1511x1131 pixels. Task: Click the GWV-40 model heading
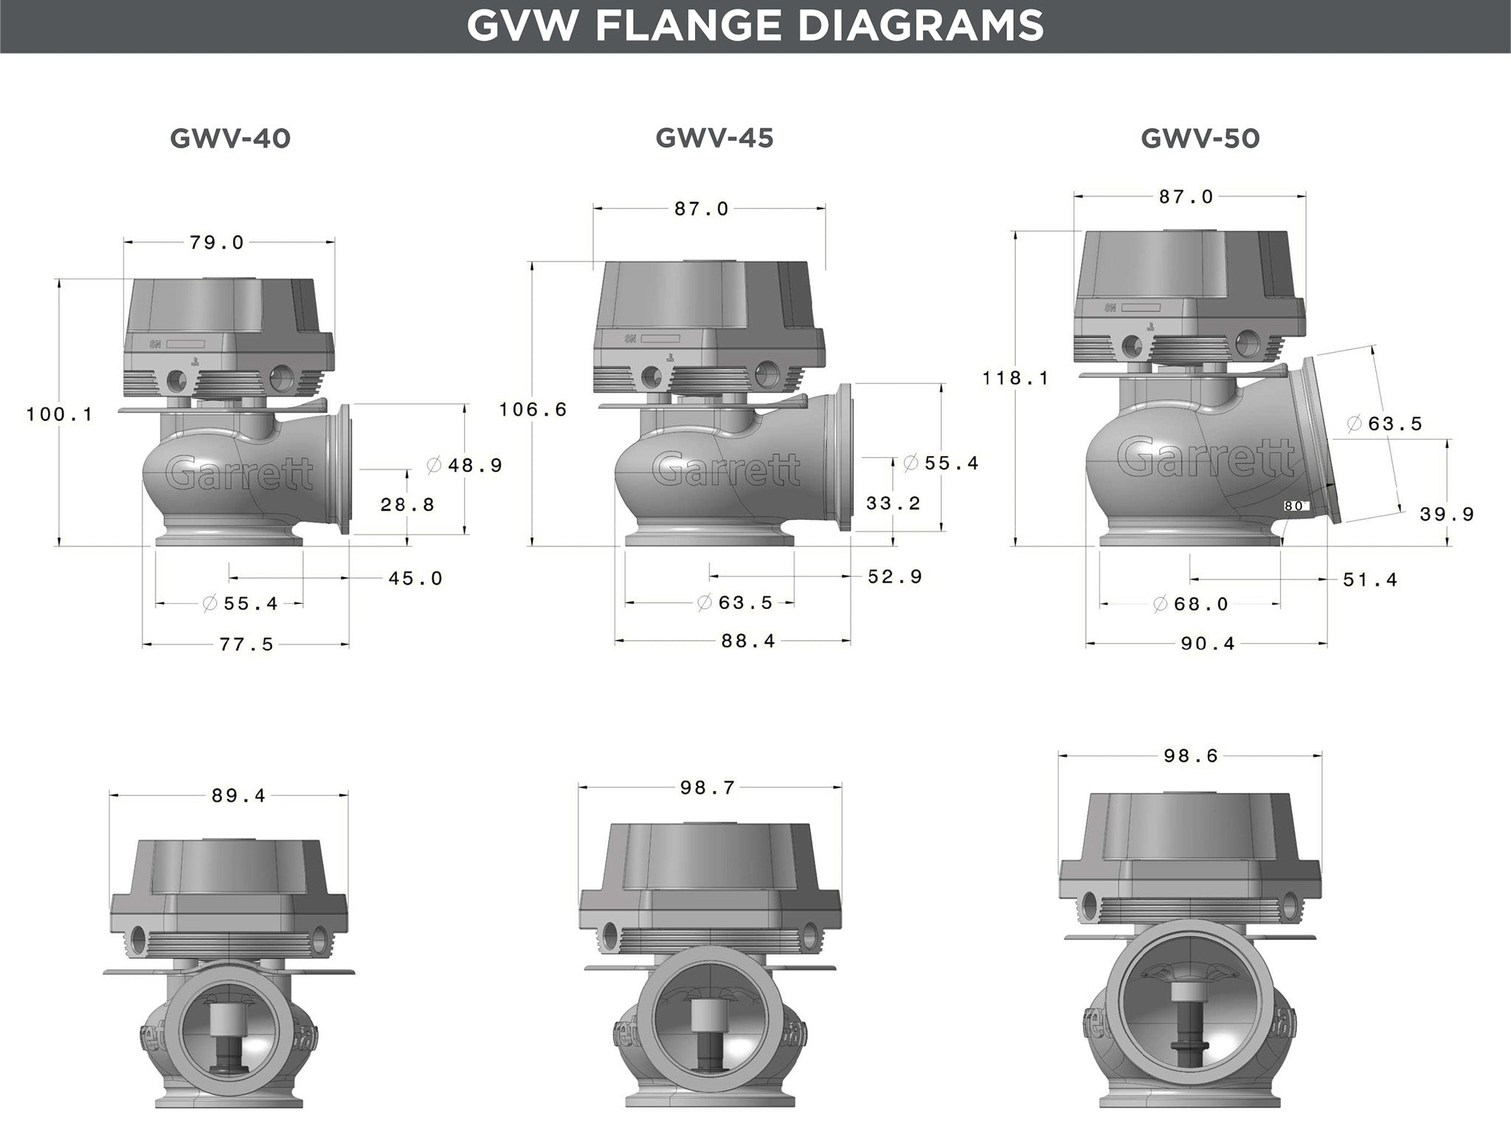230,139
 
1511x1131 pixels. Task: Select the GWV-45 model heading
714,138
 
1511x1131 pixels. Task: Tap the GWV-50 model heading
1200,139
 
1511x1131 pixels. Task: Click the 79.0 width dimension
216,243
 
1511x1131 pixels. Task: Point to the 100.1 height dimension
60,414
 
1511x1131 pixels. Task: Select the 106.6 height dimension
533,409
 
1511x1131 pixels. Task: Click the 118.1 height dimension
1015,378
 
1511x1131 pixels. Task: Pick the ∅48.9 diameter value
465,465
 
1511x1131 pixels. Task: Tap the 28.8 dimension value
407,505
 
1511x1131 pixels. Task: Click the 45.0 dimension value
415,578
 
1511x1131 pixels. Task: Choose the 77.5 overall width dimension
246,644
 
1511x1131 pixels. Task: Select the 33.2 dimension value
893,503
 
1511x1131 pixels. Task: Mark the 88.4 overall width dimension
748,641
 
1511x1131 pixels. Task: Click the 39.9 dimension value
1446,514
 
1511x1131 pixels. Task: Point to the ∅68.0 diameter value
1191,604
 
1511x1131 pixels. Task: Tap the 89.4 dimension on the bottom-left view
238,796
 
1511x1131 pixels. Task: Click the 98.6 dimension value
1191,756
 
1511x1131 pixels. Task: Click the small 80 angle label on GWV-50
1293,506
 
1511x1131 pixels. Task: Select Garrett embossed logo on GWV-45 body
726,470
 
